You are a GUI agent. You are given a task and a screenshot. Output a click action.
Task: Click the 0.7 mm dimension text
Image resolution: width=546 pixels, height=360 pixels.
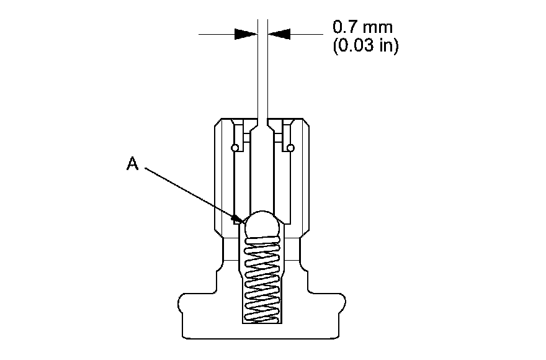coord(362,28)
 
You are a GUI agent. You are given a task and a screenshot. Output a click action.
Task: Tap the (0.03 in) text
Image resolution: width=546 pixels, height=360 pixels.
coord(365,47)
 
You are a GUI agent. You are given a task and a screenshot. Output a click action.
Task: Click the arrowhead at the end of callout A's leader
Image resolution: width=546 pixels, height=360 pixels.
coord(238,218)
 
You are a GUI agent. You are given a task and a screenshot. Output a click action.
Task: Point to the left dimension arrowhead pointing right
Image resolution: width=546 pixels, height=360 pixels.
coord(246,35)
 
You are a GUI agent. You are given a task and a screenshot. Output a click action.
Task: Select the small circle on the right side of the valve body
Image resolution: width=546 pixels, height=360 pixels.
coord(289,148)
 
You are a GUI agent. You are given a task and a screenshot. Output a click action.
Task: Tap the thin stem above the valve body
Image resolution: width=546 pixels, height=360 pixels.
coord(262,74)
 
